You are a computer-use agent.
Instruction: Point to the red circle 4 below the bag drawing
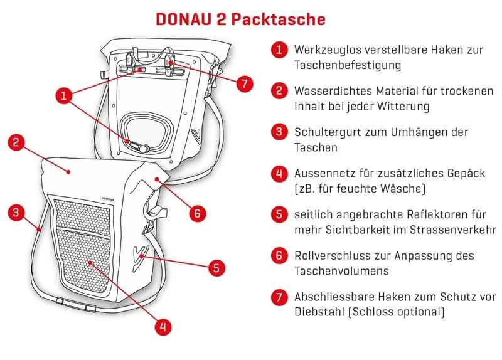tap(162, 326)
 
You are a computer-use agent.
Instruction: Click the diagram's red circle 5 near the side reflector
tap(215, 268)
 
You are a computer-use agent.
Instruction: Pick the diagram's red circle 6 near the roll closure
tap(196, 213)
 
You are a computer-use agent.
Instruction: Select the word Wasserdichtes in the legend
tap(329, 90)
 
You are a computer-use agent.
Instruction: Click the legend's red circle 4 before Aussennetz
tap(279, 173)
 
